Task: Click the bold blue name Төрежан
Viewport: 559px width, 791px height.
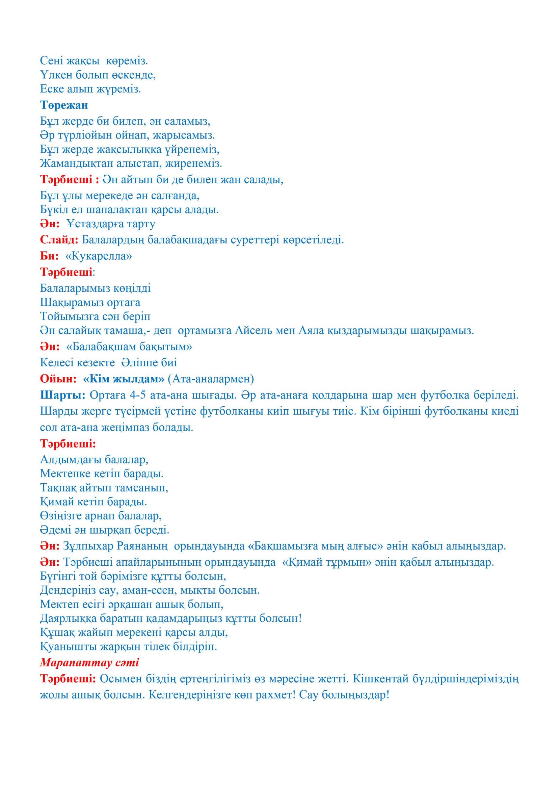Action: pyautogui.click(x=64, y=105)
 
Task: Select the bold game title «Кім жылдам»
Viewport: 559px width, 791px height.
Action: pyautogui.click(x=124, y=379)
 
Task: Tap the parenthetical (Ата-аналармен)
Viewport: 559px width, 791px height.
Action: pyautogui.click(x=211, y=379)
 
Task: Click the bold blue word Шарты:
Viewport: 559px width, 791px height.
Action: pyautogui.click(x=63, y=395)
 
